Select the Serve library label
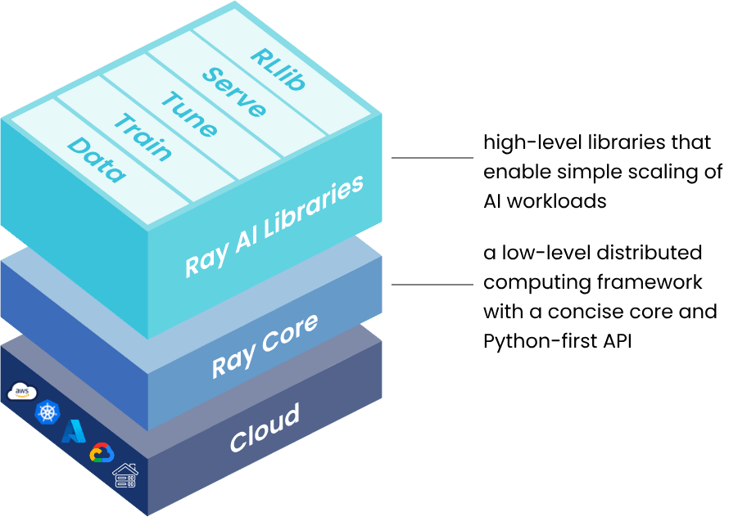click(234, 92)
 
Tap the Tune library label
click(189, 114)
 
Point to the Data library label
click(97, 160)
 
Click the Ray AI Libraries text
click(274, 227)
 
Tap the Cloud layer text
click(264, 427)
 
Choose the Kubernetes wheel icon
click(48, 411)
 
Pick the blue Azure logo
click(75, 430)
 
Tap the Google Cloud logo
click(102, 453)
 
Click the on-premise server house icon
click(125, 475)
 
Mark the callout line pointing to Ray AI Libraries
click(432, 157)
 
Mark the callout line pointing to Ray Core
click(432, 285)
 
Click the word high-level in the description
click(522, 143)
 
